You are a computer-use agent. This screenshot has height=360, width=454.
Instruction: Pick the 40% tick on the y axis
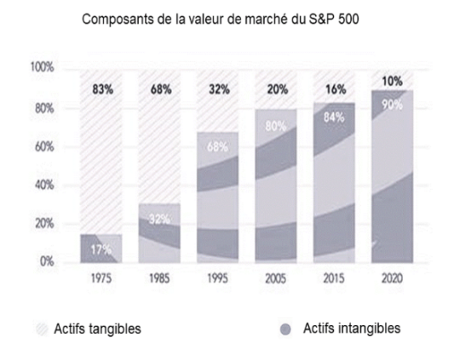[45, 185]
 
